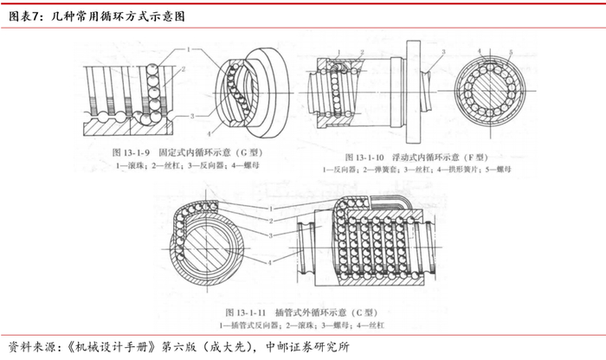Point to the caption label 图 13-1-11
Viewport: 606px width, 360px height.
pyautogui.click(x=244, y=310)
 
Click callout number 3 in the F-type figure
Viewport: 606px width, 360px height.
pyautogui.click(x=442, y=52)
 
